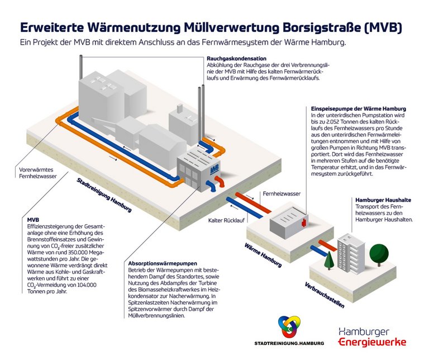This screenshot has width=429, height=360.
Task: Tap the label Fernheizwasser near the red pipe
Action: pyautogui.click(x=282, y=193)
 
